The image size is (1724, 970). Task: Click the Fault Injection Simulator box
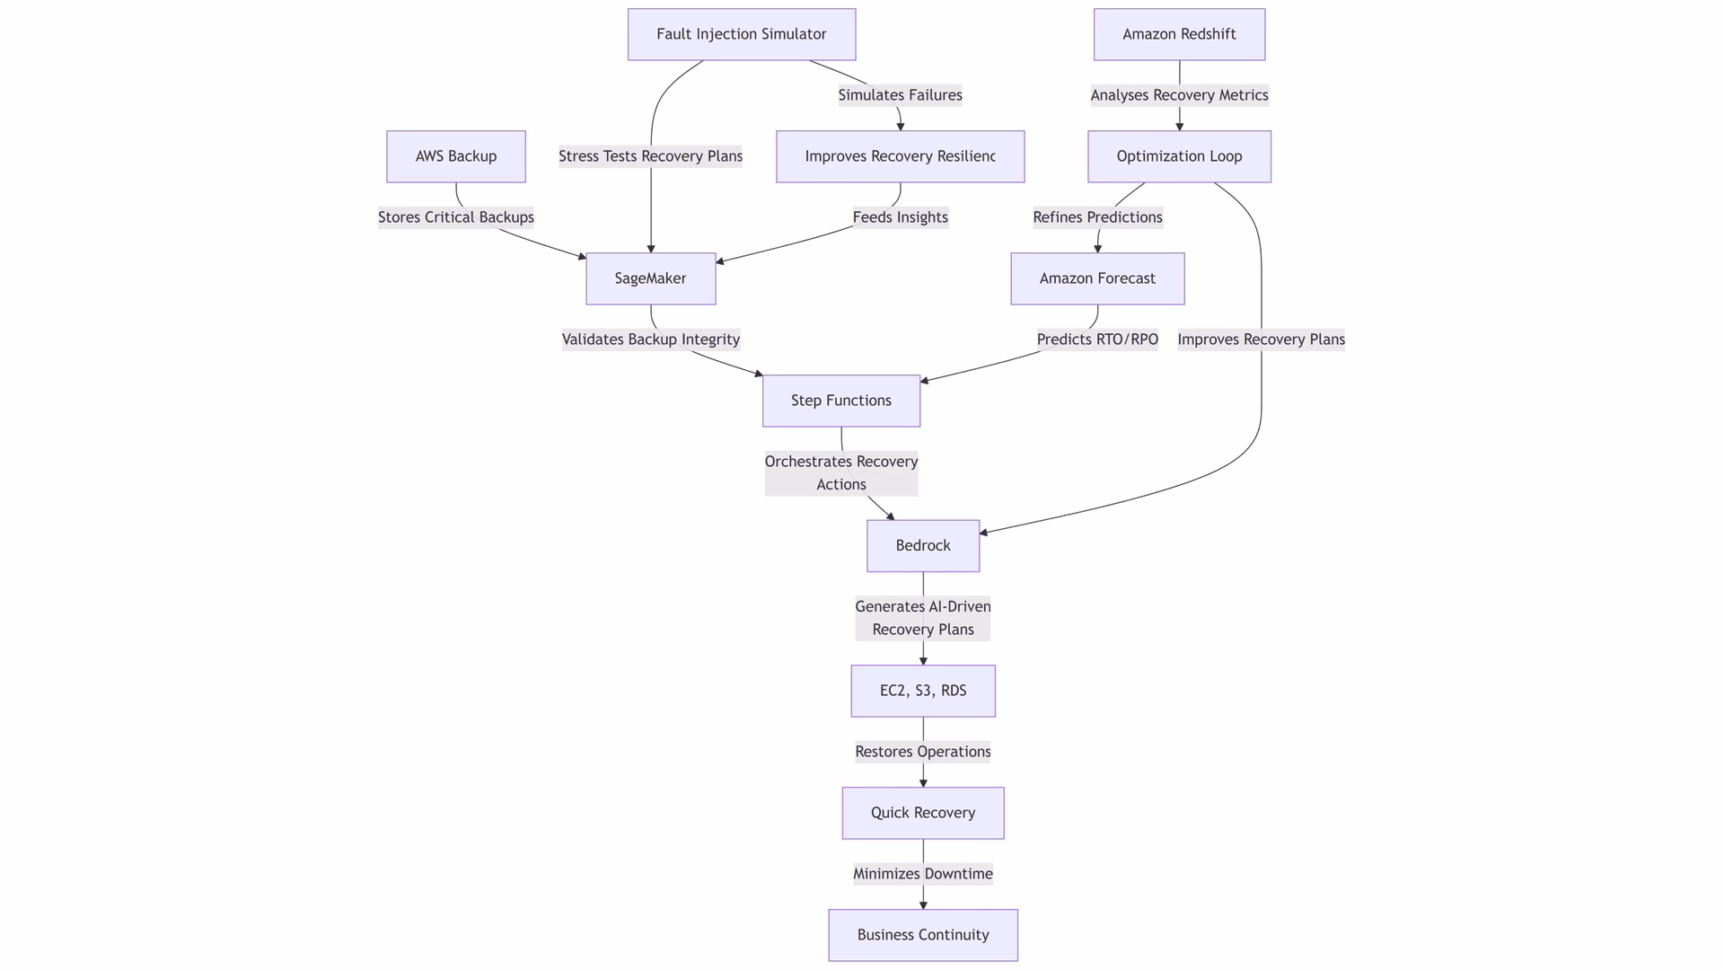pos(742,34)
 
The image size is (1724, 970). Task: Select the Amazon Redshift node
pos(1179,34)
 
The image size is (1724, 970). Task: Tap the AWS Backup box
pos(456,156)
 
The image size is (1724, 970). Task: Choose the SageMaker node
pos(651,278)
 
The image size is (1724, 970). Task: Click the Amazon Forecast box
pos(1097,278)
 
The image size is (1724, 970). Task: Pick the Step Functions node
pos(841,401)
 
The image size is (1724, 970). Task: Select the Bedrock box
pos(923,545)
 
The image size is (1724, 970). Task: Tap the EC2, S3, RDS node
pos(923,691)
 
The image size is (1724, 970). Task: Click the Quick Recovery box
pos(923,813)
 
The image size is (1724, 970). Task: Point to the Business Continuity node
pos(923,935)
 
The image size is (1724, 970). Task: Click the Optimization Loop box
pos(1179,156)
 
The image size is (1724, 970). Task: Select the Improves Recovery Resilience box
pos(900,156)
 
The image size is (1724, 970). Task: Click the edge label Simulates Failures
pos(900,95)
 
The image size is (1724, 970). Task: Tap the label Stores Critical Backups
pos(456,217)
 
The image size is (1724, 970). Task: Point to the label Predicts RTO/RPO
pos(1097,339)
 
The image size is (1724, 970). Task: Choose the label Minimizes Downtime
pos(923,874)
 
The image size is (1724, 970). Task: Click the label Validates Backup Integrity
pos(651,339)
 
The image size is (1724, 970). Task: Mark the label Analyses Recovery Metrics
pos(1179,95)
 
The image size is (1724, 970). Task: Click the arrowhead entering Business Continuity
pos(923,904)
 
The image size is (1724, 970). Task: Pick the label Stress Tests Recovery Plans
pos(651,156)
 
